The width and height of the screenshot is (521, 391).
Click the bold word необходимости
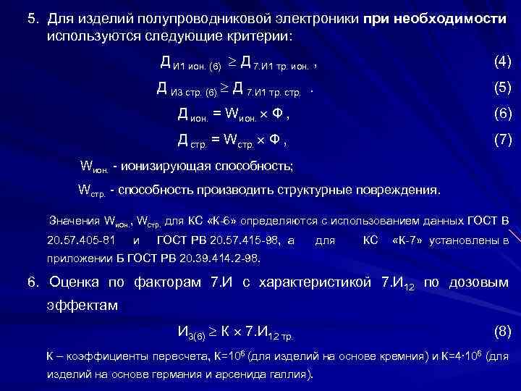457,19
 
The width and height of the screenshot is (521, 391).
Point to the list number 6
30,281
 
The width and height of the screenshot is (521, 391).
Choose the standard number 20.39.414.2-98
213,256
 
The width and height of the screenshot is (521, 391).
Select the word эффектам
81,306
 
